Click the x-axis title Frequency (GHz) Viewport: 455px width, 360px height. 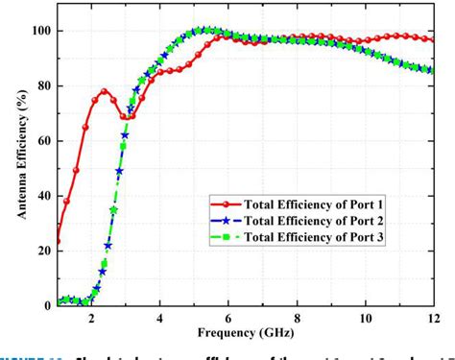point(245,335)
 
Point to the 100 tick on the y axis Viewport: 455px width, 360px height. point(41,31)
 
